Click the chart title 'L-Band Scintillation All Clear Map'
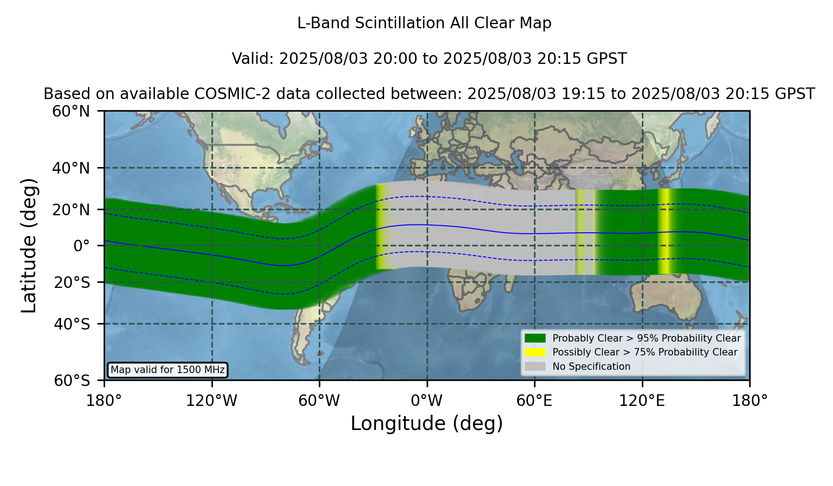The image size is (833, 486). click(x=424, y=23)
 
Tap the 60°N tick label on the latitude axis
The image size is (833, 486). click(x=71, y=111)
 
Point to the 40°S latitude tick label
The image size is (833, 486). click(x=72, y=324)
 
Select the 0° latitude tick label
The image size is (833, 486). click(x=81, y=246)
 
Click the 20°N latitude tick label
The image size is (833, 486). click(x=71, y=210)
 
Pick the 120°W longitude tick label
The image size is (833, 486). click(x=211, y=400)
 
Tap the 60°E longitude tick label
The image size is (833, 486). click(x=535, y=400)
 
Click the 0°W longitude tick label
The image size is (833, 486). click(x=427, y=400)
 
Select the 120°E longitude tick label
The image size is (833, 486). click(x=642, y=400)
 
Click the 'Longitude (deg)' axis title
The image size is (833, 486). click(x=427, y=424)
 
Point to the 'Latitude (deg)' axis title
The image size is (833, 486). click(x=29, y=245)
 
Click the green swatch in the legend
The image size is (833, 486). click(x=535, y=338)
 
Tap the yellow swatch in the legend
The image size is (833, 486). click(x=535, y=352)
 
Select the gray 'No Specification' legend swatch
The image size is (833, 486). click(x=535, y=367)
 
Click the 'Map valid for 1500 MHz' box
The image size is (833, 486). click(x=168, y=370)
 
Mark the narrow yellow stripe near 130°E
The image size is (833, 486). click(x=664, y=231)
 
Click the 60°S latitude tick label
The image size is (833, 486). click(x=72, y=380)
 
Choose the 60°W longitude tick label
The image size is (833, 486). click(x=319, y=400)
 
